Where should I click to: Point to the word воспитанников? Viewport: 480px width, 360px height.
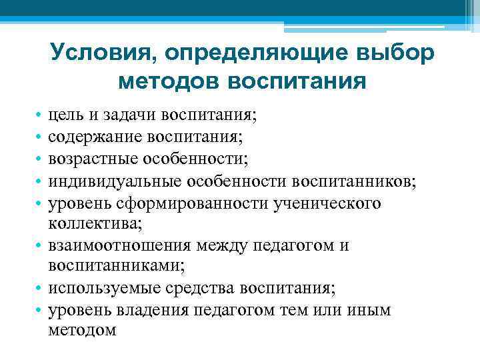[x=350, y=181]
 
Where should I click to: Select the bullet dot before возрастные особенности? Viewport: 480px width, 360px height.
[x=40, y=160]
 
